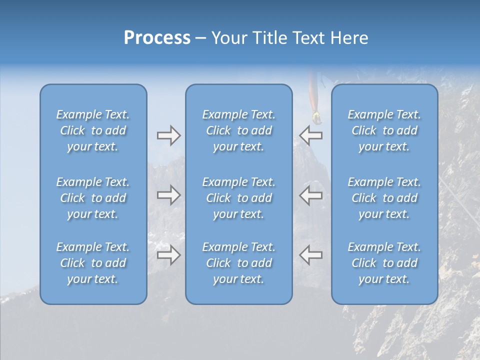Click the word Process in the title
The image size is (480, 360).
coord(157,38)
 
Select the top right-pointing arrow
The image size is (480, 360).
coord(168,135)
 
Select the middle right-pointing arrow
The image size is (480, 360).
coord(168,195)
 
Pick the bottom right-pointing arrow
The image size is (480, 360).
coord(168,255)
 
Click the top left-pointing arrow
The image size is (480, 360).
coord(310,135)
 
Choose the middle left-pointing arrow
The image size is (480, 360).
coord(310,195)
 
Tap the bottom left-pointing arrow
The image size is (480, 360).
coord(310,255)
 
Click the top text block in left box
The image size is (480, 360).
coord(93,130)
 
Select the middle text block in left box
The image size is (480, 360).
coord(93,198)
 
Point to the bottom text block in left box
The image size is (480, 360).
coord(93,263)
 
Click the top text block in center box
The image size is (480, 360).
coord(238,130)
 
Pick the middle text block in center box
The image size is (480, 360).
coord(238,198)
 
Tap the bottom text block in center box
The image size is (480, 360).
coord(238,263)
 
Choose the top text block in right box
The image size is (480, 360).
coord(384,130)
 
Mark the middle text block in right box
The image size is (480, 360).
coord(384,198)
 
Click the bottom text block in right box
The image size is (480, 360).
coord(384,263)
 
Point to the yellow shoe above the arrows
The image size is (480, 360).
coord(316,117)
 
